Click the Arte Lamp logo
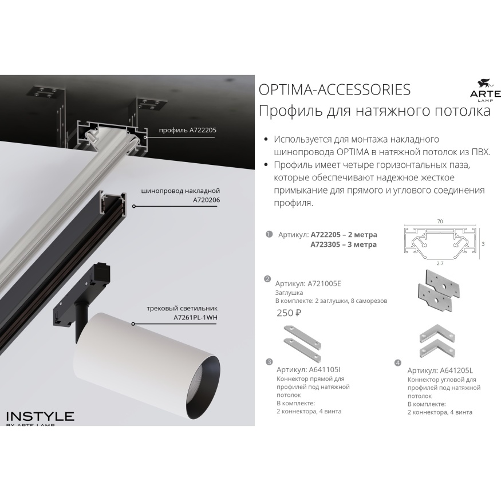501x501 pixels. pos(486,91)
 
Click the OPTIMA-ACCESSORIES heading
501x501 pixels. pos(334,90)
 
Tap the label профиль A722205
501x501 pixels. pos(188,130)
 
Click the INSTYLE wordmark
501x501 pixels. pos(40,416)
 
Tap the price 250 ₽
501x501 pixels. pos(289,313)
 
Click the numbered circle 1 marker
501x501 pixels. pos(269,234)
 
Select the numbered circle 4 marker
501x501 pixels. pos(398,362)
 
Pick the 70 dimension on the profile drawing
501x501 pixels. pos(440,221)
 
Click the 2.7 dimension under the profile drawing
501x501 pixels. pos(440,263)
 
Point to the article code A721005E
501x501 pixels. pos(324,283)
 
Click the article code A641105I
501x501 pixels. pos(325,370)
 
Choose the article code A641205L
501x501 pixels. pos(456,370)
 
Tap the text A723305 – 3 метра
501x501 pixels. pos(344,244)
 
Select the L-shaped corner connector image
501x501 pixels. pos(437,342)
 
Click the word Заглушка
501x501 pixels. pos(289,293)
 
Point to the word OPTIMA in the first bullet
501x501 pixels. pos(353,152)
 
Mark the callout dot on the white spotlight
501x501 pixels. pos(133,324)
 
